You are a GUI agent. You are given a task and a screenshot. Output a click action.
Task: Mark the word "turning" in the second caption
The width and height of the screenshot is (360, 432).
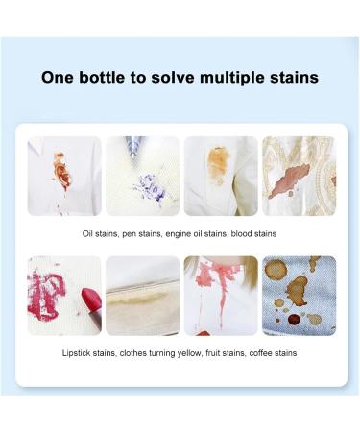pos(171,352)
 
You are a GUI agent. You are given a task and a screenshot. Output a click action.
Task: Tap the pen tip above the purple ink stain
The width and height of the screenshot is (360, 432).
pos(131,145)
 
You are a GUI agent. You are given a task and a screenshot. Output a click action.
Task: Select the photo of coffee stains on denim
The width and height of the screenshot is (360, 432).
pos(299,295)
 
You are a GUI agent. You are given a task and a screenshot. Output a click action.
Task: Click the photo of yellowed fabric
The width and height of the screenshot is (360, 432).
pos(142,295)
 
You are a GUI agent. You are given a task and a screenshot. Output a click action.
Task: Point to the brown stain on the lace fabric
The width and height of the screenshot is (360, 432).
pos(290,182)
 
